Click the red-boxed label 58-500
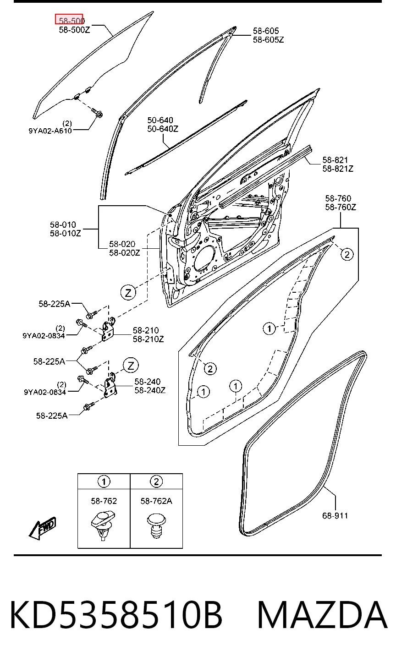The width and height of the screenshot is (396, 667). coord(71,21)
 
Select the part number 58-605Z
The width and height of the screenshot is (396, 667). coord(268,39)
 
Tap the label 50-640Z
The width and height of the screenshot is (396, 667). coord(163,129)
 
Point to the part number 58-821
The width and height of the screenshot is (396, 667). coord(335,160)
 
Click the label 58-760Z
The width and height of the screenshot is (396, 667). coord(341,207)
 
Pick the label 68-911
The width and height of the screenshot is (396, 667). coord(335,515)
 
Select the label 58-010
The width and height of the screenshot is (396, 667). coord(63,224)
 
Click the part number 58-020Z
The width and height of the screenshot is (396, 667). coord(125,252)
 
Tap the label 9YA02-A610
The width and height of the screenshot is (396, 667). coord(50,131)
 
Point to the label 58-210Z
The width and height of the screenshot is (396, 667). coord(148,339)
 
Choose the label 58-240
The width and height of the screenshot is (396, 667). coord(148,382)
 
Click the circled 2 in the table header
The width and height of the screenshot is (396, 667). coord(156,481)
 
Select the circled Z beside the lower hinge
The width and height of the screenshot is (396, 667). coord(131,366)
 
